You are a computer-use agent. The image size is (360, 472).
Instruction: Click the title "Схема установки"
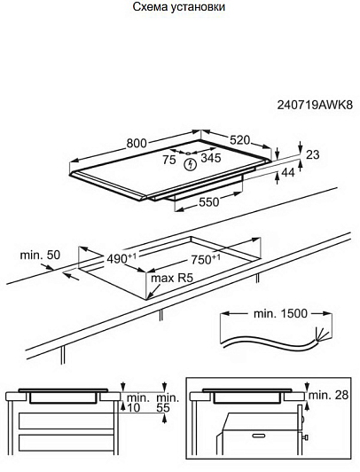[x=178, y=6]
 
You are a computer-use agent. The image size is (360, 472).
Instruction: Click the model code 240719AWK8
[x=315, y=105]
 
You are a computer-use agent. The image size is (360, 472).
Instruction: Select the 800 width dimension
[x=137, y=144]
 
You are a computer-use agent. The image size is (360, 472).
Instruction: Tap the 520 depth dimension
[x=239, y=140]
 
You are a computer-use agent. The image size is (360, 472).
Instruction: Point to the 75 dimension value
[x=169, y=160]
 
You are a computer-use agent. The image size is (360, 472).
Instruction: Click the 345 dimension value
[x=211, y=158]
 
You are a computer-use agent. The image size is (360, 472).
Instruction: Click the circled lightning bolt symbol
[x=190, y=164]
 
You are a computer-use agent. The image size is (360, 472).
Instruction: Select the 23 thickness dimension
[x=312, y=154]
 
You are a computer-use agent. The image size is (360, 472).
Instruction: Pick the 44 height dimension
[x=288, y=172]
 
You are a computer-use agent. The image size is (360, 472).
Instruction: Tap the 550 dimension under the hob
[x=209, y=202]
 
